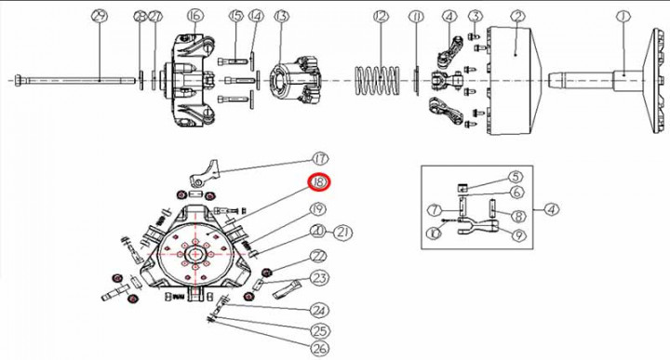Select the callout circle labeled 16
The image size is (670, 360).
194,16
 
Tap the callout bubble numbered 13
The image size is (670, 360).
281,16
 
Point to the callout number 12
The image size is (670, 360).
379,16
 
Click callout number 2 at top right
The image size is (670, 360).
518,16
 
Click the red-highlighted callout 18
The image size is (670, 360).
320,182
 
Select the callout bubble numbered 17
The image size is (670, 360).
320,158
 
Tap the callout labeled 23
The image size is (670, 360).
320,277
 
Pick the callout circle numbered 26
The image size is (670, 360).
320,349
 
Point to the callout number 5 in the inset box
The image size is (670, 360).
515,177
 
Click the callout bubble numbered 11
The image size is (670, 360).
416,16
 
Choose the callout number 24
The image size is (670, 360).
320,310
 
